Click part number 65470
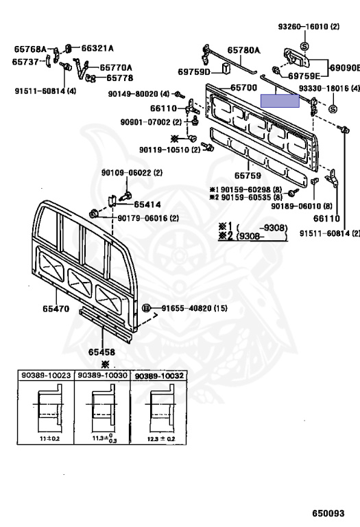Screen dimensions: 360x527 pyautogui.click(x=56, y=309)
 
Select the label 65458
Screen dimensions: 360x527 pyautogui.click(x=101, y=352)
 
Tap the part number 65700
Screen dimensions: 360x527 pyautogui.click(x=244, y=88)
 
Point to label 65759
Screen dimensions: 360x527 pyautogui.click(x=248, y=176)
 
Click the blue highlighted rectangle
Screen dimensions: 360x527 pyautogui.click(x=280, y=101)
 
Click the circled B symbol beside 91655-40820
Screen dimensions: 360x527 pyautogui.click(x=146, y=308)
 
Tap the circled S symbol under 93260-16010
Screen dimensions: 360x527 pyautogui.click(x=304, y=47)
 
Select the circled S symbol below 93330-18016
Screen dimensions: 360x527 pyautogui.click(x=333, y=109)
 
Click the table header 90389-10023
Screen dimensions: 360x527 pyautogui.click(x=47, y=375)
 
